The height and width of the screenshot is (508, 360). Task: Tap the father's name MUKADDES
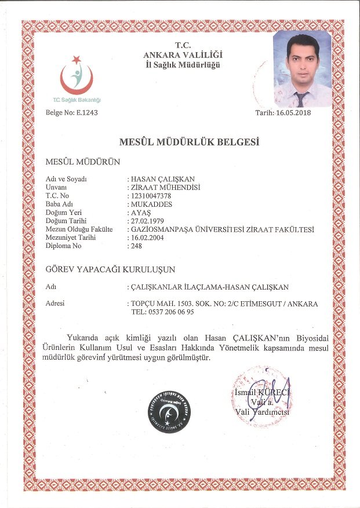152,204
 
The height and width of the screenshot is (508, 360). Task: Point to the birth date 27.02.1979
148,221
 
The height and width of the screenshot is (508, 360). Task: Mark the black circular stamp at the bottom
169,412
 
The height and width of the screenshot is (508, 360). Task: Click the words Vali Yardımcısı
261,412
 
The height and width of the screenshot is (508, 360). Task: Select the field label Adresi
55,303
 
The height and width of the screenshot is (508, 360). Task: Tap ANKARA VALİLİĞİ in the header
183,55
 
